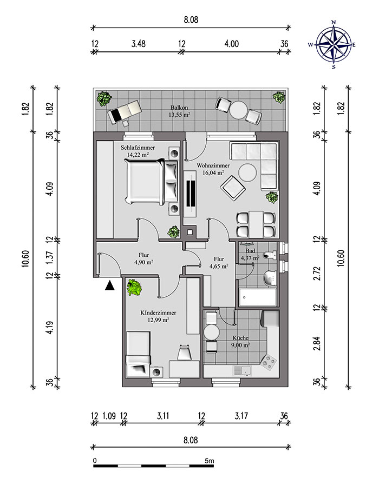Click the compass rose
point(334,44)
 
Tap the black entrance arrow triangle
point(109,285)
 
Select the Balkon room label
point(179,108)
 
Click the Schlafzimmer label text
point(138,148)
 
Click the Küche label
point(240,338)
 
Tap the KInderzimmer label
point(158,313)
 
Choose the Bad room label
point(250,251)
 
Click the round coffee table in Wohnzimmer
point(247,172)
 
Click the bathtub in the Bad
point(257,297)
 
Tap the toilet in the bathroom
point(270,255)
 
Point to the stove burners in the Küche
point(268,363)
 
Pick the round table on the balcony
point(238,110)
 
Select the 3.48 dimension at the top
point(138,44)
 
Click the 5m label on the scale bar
point(209,461)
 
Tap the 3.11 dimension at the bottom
point(163,416)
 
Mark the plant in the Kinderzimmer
point(134,288)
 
